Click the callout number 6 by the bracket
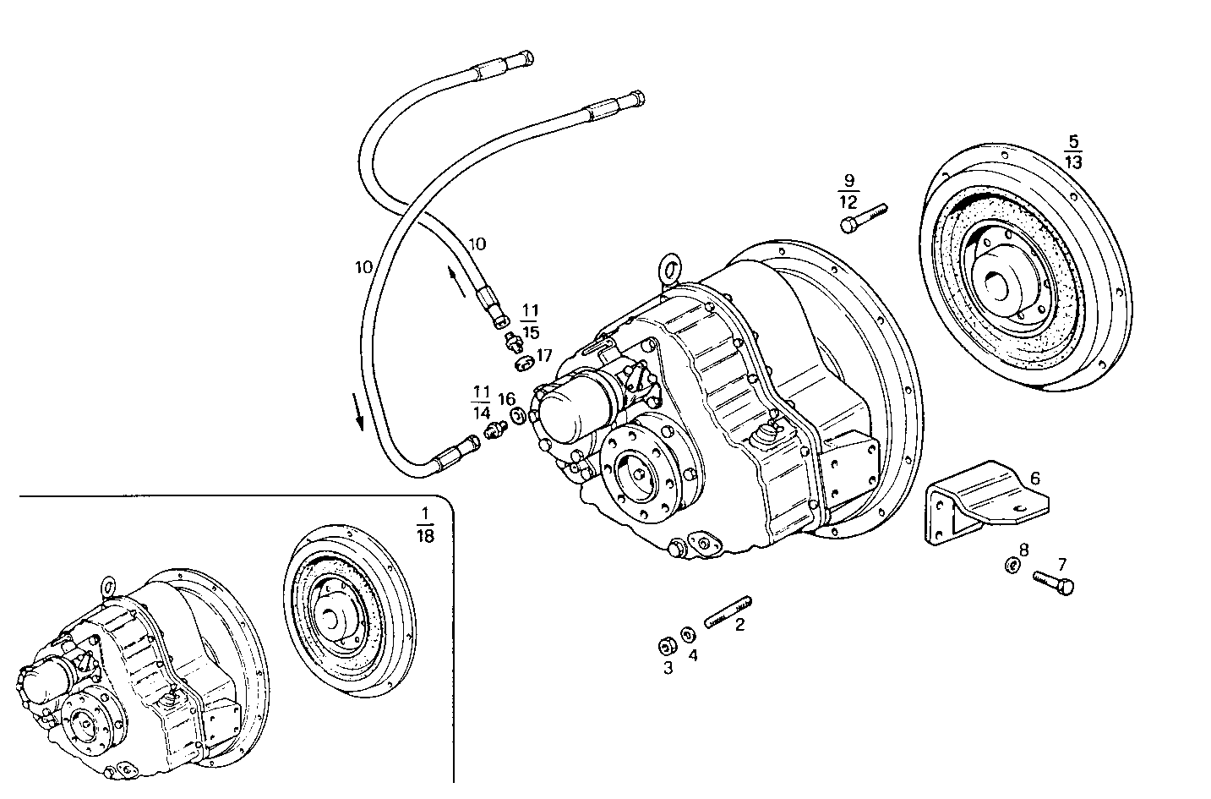click(1035, 479)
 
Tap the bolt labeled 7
click(1055, 583)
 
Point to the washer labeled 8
click(1010, 565)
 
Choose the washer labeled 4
click(689, 634)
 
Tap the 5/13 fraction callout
click(1072, 151)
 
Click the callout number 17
click(544, 355)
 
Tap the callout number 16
click(506, 399)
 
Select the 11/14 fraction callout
click(481, 402)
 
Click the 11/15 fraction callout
click(531, 321)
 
